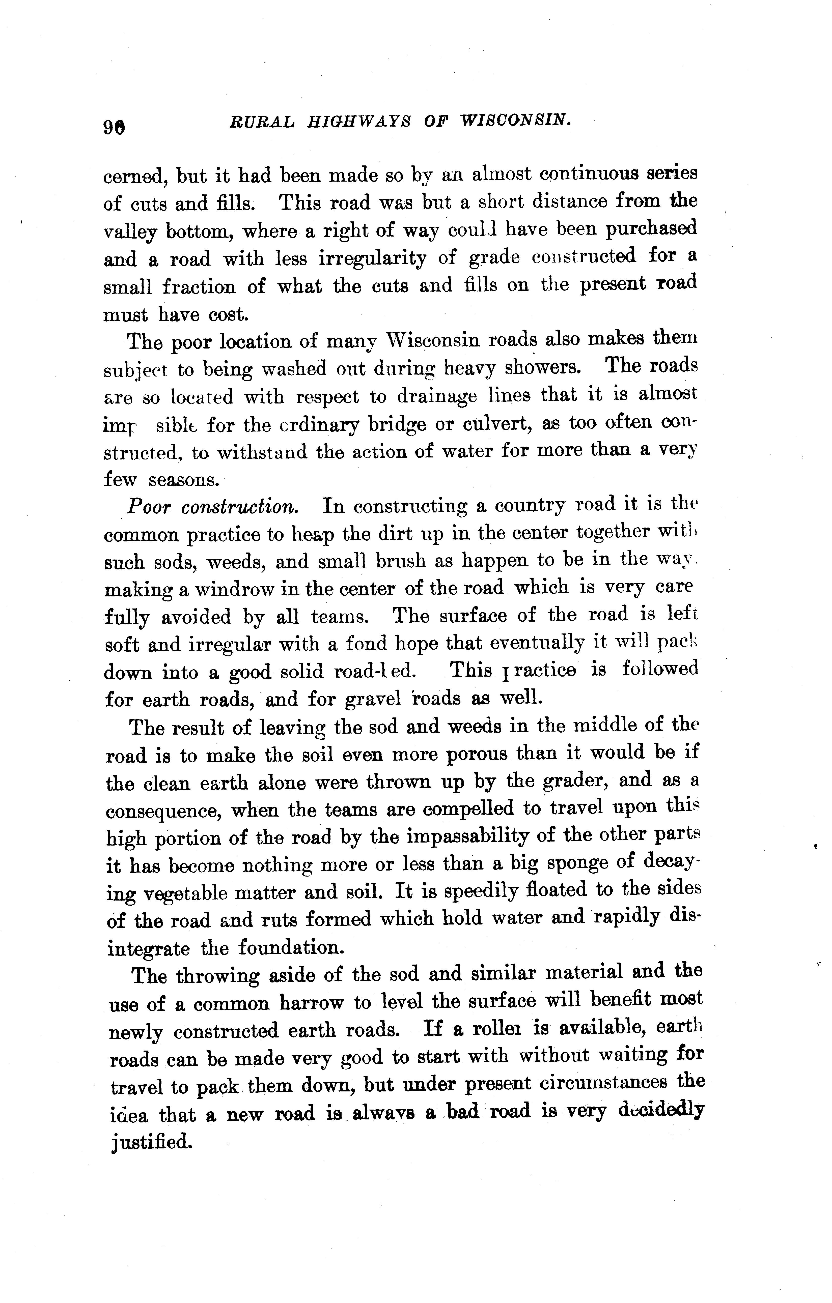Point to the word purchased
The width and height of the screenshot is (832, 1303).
pos(651,229)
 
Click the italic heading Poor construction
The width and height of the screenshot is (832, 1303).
pos(212,507)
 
